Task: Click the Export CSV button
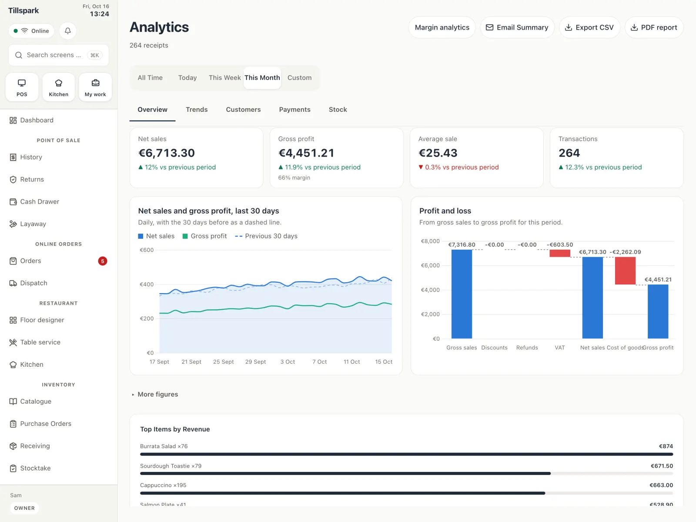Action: pos(589,27)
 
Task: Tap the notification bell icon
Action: pos(67,31)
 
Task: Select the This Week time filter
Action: pos(224,78)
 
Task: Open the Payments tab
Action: pos(294,109)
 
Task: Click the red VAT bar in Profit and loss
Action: pos(560,253)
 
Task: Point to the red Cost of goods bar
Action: pos(625,271)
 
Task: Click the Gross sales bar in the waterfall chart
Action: pos(462,294)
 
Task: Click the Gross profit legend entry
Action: pos(204,236)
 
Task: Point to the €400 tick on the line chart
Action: pos(147,284)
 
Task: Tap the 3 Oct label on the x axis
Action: pos(287,361)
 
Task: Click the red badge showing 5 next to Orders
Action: pos(102,261)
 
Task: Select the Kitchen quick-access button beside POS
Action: pos(58,87)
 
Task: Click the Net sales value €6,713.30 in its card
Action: pos(167,153)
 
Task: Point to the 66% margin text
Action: pos(294,178)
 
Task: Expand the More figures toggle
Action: pos(155,394)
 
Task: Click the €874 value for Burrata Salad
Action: pos(666,446)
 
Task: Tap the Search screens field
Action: pos(59,55)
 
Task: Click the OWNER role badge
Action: pos(24,508)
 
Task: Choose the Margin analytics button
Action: pos(442,27)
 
